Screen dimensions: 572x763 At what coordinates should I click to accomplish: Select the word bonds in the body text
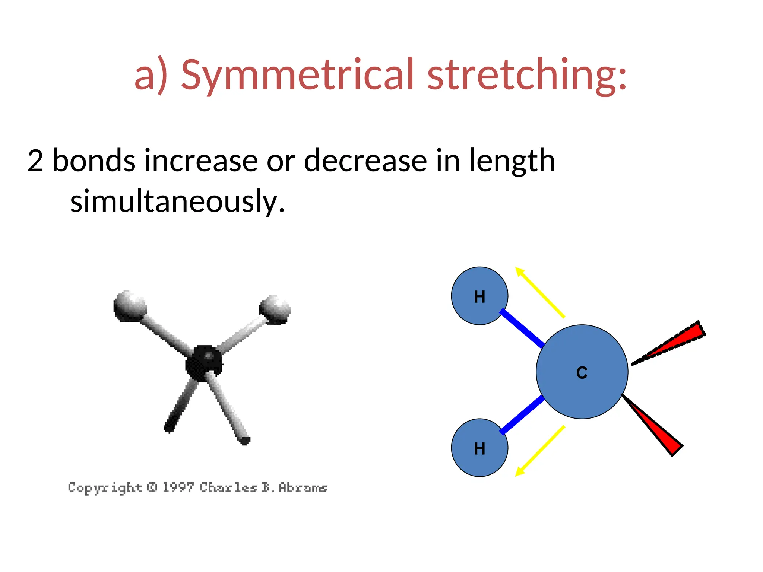pyautogui.click(x=94, y=161)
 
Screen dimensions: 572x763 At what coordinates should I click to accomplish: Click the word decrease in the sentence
pyautogui.click(x=365, y=161)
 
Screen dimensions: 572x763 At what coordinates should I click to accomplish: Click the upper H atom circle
pyautogui.click(x=479, y=296)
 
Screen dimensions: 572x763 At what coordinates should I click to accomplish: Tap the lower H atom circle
pyautogui.click(x=479, y=448)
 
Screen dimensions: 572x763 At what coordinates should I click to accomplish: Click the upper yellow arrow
pyautogui.click(x=540, y=293)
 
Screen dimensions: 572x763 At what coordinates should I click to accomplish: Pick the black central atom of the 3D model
pyautogui.click(x=204, y=363)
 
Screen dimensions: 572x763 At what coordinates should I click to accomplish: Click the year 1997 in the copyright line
pyautogui.click(x=178, y=487)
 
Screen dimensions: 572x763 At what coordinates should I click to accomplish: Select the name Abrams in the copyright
pyautogui.click(x=303, y=487)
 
